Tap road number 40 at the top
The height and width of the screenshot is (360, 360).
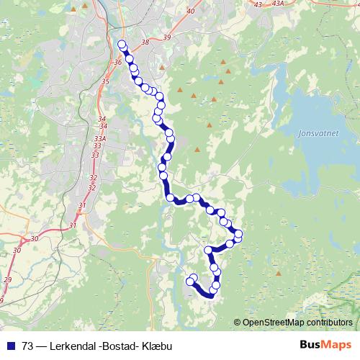190,12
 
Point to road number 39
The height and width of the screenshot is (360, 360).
167,37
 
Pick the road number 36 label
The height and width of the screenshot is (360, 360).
117,62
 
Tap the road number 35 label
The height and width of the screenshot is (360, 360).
105,81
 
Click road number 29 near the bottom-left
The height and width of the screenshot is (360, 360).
7,279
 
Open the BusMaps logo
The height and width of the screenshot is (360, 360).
325,346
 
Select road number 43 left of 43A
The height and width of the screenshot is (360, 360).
258,4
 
